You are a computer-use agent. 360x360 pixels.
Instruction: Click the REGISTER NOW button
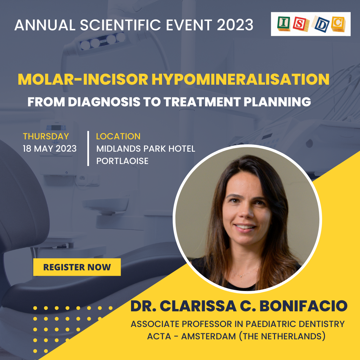click(x=77, y=267)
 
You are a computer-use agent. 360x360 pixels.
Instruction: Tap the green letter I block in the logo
click(x=284, y=23)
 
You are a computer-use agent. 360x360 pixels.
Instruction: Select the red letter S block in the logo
click(x=301, y=24)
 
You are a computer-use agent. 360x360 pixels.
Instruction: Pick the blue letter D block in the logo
click(x=321, y=24)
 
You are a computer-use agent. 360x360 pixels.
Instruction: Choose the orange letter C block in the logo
click(x=338, y=24)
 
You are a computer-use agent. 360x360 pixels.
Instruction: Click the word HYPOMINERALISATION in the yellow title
click(x=240, y=79)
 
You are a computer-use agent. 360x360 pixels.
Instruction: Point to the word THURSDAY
click(x=46, y=136)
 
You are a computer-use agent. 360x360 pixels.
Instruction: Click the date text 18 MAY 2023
click(x=50, y=149)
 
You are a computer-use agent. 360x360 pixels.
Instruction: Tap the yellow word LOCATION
click(x=118, y=136)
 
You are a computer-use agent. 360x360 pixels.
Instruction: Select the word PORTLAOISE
click(x=122, y=161)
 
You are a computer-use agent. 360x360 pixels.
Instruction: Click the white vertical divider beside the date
click(x=88, y=148)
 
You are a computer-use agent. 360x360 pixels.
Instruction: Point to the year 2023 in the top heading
click(x=235, y=25)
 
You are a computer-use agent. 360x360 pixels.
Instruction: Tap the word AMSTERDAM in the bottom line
click(x=208, y=336)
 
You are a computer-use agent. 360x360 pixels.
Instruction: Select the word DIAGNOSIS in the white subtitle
click(x=104, y=102)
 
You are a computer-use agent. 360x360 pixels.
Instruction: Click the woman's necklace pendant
click(x=241, y=276)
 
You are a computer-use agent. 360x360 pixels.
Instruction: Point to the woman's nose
click(x=246, y=213)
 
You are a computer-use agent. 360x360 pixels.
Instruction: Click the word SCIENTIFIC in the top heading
click(x=120, y=25)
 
